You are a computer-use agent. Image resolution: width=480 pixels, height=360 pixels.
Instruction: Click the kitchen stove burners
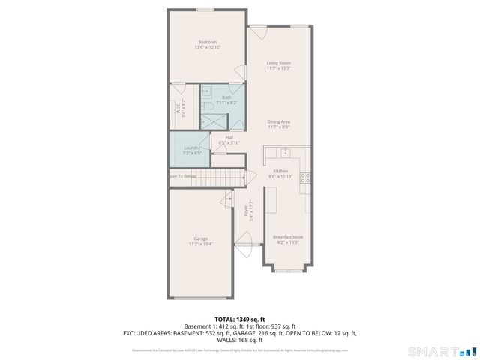(305, 178)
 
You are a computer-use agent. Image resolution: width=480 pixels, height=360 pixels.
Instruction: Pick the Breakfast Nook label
(288, 238)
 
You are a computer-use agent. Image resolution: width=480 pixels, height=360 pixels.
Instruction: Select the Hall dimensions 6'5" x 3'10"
(229, 142)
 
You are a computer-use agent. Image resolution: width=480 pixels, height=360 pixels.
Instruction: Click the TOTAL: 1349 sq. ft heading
(239, 319)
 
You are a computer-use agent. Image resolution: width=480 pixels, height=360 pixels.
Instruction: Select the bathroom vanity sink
(207, 93)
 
